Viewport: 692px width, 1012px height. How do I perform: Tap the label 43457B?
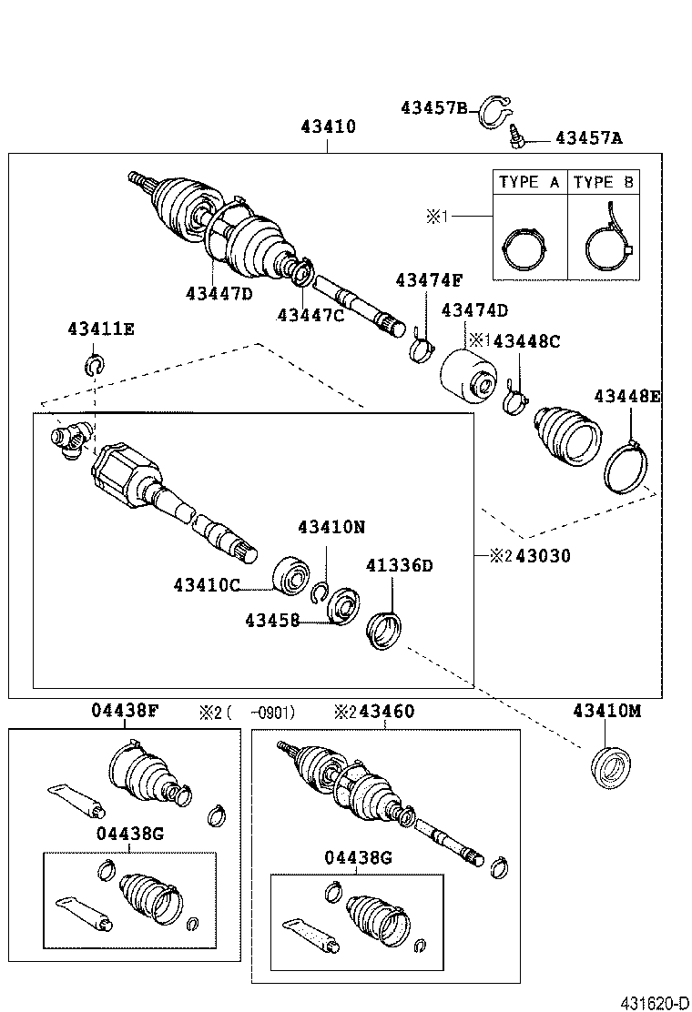tap(433, 108)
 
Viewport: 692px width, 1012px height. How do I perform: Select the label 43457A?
tap(588, 138)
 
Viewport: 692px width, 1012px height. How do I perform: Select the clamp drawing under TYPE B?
tap(605, 244)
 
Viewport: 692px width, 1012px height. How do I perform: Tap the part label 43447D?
tap(219, 293)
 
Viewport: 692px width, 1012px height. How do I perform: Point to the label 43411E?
tap(100, 329)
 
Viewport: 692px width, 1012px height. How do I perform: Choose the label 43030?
tap(542, 556)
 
